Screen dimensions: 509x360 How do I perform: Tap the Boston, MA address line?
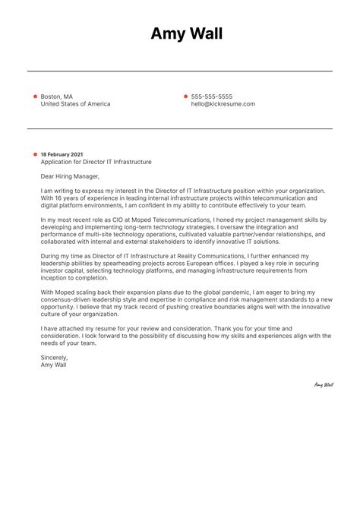tap(57, 96)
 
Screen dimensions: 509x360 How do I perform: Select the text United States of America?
tap(75, 104)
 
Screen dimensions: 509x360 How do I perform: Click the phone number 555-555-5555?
tap(212, 96)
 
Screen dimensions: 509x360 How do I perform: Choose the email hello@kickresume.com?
tap(223, 104)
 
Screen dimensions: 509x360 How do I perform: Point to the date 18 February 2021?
tap(62, 154)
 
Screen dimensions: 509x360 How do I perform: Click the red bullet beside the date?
tap(35, 154)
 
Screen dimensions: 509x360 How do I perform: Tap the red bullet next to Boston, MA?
tap(35, 96)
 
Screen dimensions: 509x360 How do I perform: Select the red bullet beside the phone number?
tap(185, 96)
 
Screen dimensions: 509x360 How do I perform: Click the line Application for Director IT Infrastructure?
tap(96, 162)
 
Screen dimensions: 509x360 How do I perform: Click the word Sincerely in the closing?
tap(54, 356)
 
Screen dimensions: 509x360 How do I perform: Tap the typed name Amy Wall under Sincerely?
tap(53, 364)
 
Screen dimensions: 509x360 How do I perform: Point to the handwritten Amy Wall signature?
tap(324, 384)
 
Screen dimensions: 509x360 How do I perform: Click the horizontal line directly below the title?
tap(180, 71)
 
